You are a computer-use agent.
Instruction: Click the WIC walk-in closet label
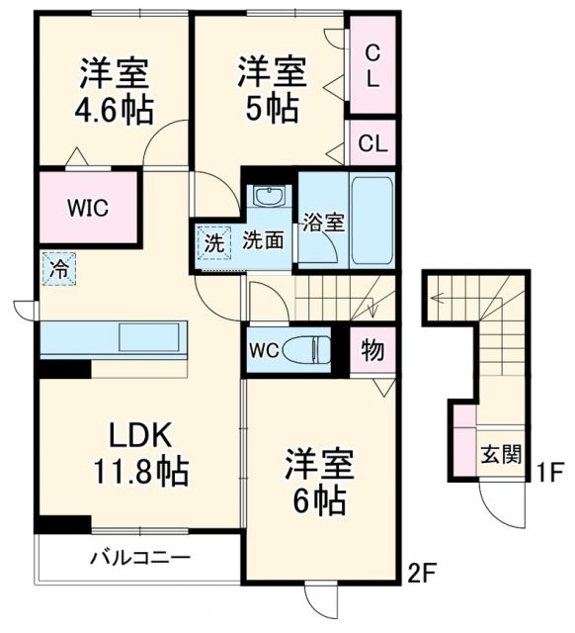tap(88, 209)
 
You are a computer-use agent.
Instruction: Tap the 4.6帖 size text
tap(116, 109)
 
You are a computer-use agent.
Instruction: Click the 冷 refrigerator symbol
tap(58, 267)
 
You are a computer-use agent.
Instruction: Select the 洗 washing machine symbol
tap(213, 240)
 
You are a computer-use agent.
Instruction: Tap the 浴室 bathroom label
tap(323, 222)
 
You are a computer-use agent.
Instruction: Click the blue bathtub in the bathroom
tap(372, 219)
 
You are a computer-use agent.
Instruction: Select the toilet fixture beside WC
tap(315, 349)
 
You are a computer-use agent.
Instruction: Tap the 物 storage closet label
tap(373, 349)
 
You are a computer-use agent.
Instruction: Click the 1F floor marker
tap(549, 473)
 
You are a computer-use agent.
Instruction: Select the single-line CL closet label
tap(372, 142)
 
